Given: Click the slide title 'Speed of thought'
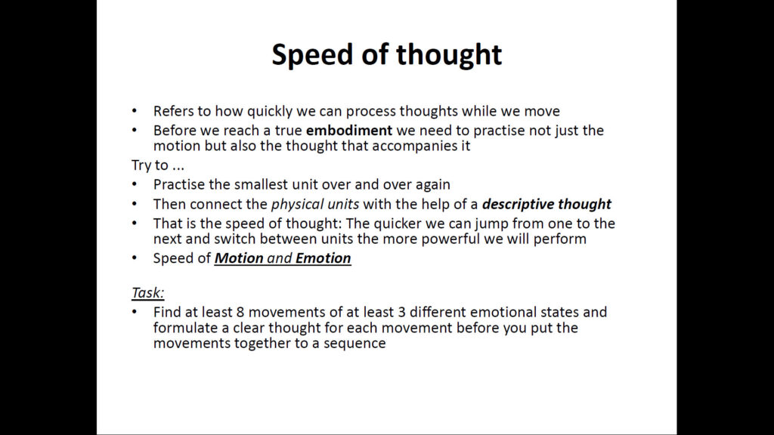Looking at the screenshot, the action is (386, 54).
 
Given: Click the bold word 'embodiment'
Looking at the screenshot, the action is (349, 131).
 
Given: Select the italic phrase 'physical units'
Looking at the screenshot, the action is (315, 204).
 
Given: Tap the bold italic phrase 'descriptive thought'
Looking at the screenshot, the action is (546, 204).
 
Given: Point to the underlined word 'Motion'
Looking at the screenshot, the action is (239, 258).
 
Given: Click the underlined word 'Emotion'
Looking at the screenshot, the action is (324, 258).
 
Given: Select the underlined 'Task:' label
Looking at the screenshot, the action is (147, 292).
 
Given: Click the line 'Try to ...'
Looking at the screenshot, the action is (157, 165).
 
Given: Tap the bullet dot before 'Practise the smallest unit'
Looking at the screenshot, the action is (135, 184).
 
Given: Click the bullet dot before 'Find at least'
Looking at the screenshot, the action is (135, 312).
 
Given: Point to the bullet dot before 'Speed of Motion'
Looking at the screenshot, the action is (135, 258).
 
